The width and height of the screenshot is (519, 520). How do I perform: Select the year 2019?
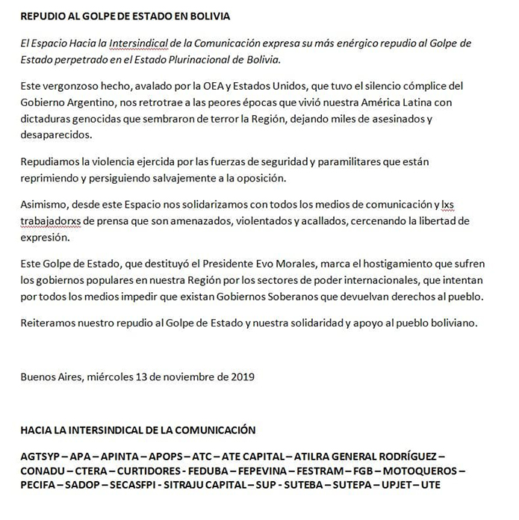241,377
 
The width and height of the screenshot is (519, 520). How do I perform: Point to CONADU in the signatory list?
43,471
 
